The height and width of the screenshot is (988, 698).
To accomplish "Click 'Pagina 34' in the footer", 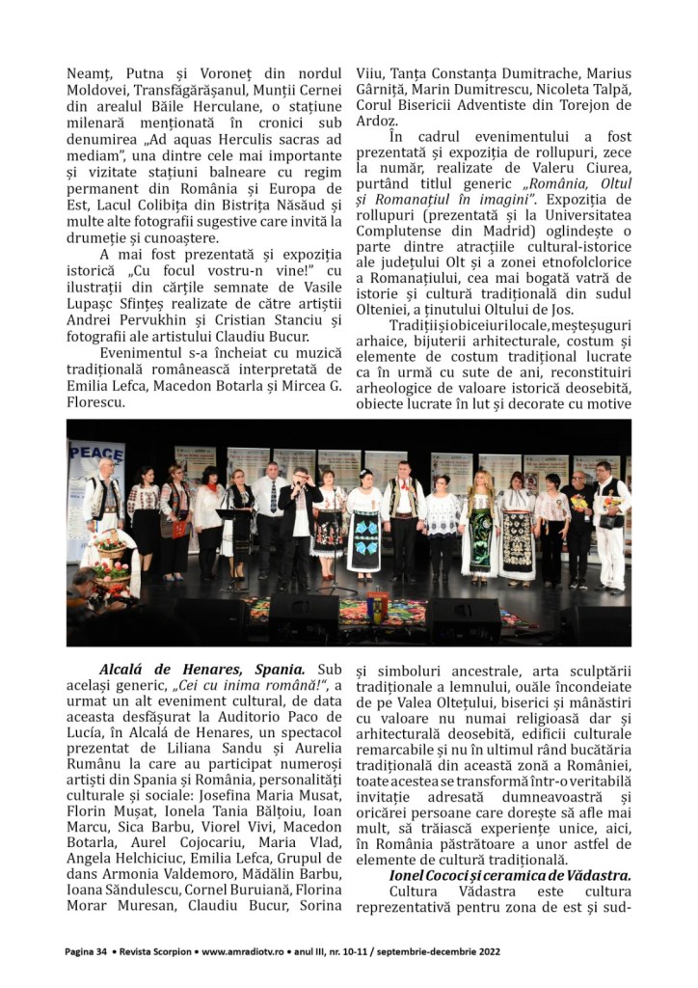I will (x=85, y=951).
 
